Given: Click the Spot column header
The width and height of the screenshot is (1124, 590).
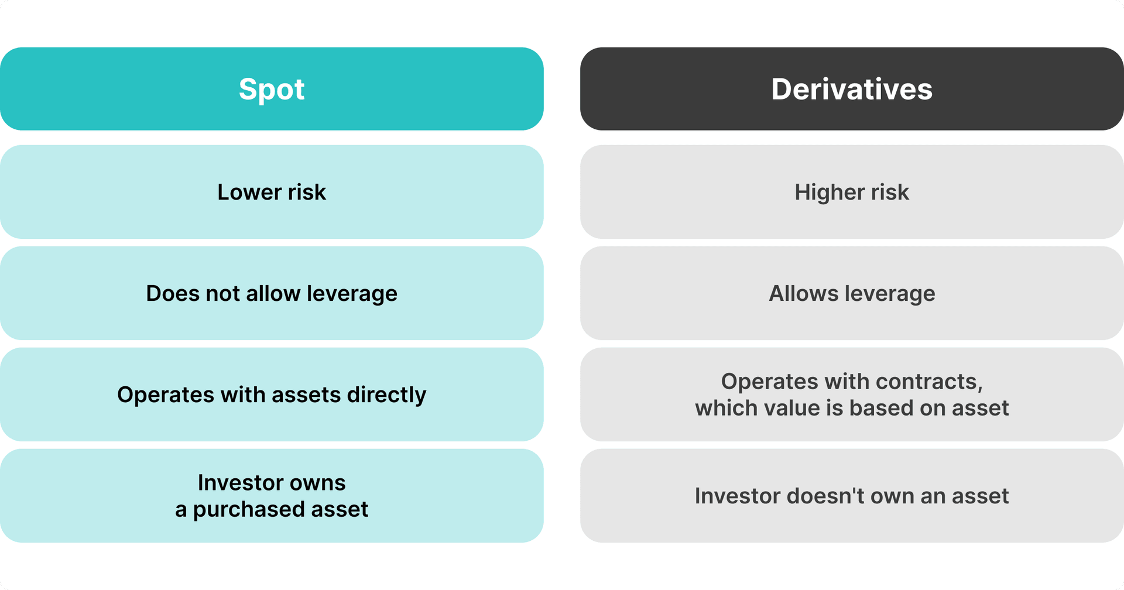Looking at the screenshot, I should (272, 89).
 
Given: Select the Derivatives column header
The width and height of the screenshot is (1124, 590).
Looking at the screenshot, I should (852, 89).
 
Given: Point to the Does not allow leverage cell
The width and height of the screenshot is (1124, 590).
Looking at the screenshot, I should (272, 293).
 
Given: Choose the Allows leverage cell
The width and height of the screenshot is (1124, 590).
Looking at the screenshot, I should (852, 293).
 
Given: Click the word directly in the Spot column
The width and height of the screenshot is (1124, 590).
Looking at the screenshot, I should (386, 395).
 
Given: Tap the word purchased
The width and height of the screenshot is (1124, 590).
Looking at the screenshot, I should (248, 509).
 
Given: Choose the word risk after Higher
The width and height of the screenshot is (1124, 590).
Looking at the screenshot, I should (890, 192).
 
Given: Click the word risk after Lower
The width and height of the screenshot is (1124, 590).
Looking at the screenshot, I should (307, 192).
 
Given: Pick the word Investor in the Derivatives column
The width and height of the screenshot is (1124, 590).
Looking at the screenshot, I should (737, 496).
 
